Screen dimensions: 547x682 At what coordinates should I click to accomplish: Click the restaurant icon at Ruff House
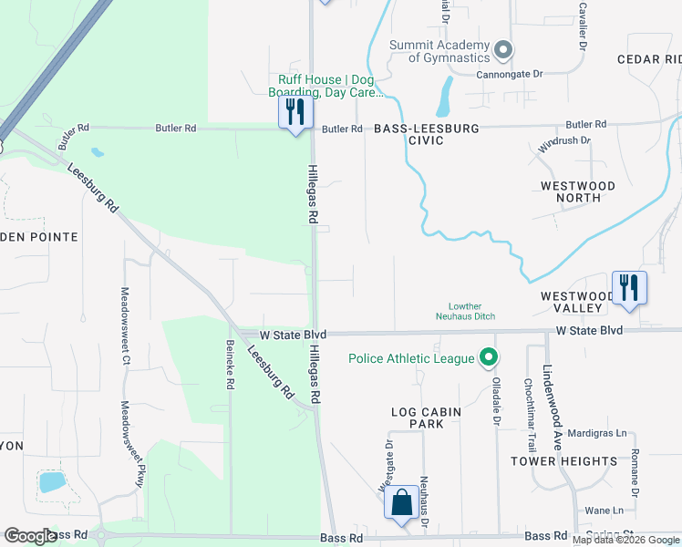(295, 112)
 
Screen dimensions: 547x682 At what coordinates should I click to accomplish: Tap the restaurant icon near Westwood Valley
(629, 287)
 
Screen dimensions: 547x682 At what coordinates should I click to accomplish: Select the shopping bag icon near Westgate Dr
(401, 502)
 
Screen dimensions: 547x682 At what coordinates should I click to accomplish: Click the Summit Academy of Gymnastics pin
(502, 49)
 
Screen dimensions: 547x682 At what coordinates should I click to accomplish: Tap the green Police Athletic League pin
(490, 358)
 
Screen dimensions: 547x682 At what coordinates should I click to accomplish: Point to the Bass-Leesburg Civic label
(427, 135)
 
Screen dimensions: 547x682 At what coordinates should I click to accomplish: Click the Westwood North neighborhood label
(590, 191)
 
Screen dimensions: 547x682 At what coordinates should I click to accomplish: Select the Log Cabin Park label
(426, 418)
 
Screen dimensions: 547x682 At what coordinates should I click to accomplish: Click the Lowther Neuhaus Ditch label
(471, 311)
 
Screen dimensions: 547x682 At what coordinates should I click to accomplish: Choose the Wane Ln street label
(597, 511)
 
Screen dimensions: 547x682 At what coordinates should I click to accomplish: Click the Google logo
(29, 536)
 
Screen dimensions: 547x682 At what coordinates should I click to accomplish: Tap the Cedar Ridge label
(649, 59)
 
